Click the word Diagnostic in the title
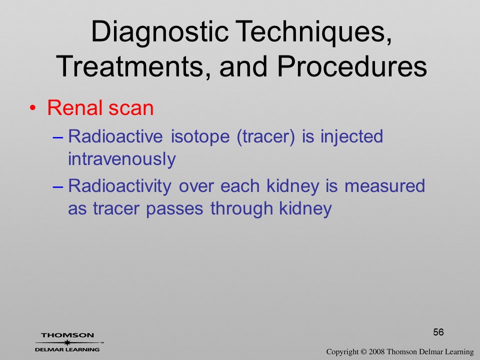tap(160, 33)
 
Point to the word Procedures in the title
tap(352, 66)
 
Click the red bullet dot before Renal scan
tap(33, 108)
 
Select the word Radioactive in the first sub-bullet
tap(115, 136)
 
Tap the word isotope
tap(200, 136)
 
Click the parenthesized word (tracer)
tap(266, 136)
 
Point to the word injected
tap(351, 136)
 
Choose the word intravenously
tap(122, 158)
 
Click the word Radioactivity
tap(119, 186)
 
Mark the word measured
tap(385, 186)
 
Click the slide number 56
tap(438, 332)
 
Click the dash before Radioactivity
tap(58, 186)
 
